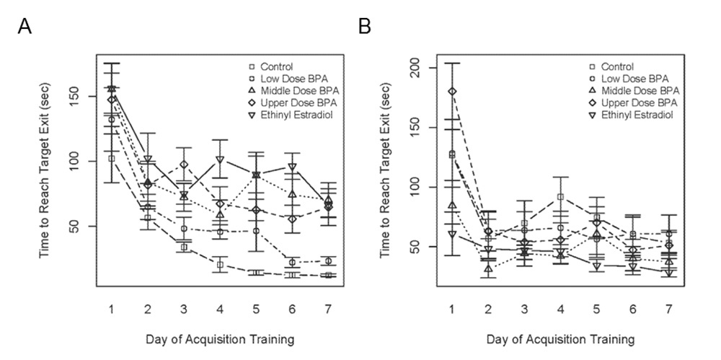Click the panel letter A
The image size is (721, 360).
25,27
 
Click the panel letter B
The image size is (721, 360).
365,27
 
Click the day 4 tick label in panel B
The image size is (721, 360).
559,309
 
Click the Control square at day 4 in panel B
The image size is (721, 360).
559,196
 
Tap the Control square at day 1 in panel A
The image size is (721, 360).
112,158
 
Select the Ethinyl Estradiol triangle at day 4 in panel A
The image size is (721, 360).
218,159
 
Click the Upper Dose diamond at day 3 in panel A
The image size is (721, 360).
183,164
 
